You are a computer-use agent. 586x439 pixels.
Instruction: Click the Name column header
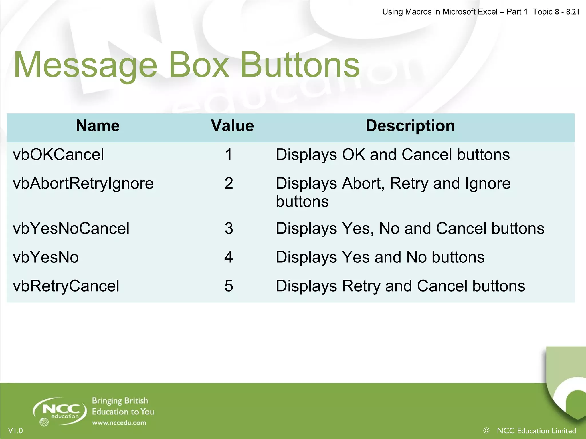(98, 126)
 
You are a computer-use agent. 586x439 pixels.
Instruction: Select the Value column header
(232, 126)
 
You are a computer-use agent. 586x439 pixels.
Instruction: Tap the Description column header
(410, 126)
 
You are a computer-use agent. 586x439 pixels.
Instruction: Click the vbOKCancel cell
(58, 155)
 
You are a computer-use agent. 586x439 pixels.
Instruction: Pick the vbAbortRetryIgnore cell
(83, 183)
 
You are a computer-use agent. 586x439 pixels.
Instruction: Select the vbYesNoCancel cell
(71, 229)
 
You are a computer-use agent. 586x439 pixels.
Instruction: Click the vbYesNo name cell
(46, 257)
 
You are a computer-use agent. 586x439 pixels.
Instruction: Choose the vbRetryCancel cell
(66, 286)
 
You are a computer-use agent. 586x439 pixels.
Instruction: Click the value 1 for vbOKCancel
(229, 155)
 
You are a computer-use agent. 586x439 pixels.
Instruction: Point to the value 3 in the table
(229, 229)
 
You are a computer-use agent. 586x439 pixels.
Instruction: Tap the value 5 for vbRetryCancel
(229, 286)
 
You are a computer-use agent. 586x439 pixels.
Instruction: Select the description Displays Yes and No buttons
(380, 257)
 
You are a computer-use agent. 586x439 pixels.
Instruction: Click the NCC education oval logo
(60, 411)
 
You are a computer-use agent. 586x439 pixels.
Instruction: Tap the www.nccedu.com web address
(119, 423)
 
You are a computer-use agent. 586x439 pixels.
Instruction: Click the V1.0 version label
(15, 431)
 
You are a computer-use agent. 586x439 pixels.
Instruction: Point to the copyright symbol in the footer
(486, 430)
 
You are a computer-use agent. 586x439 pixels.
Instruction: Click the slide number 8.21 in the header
(572, 12)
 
